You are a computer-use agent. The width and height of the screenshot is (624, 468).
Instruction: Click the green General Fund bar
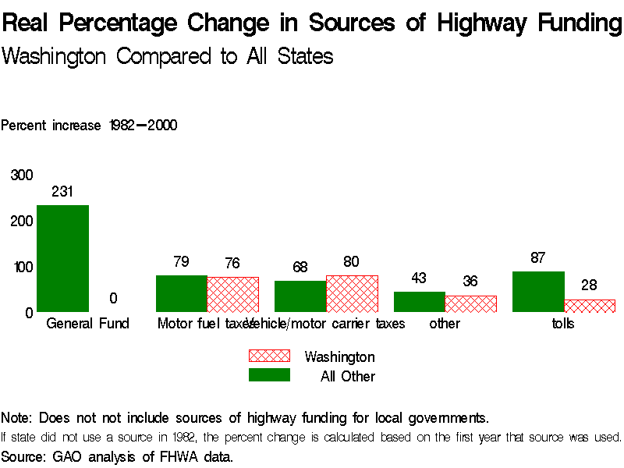[62, 258]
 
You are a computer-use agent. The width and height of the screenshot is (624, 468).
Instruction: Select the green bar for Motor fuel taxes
[181, 293]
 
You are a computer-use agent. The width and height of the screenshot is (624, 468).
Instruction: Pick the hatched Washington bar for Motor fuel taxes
[232, 294]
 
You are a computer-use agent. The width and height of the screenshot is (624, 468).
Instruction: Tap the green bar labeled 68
[300, 296]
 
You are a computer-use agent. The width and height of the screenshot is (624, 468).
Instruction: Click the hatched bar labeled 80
[352, 293]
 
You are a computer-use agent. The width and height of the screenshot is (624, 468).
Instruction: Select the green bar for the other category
[419, 302]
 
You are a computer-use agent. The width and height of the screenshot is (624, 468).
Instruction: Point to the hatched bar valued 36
[470, 303]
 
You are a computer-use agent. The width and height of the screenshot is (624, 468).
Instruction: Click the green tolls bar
[538, 292]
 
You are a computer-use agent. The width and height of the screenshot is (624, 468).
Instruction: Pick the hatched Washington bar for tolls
[590, 306]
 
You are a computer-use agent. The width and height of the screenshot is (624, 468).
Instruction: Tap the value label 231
[62, 191]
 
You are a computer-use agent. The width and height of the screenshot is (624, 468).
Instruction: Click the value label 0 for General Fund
[113, 298]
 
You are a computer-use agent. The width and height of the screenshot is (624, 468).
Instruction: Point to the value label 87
[537, 257]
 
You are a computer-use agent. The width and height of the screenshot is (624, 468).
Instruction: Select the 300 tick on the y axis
[21, 175]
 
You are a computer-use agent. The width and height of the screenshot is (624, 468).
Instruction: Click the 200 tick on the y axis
[21, 221]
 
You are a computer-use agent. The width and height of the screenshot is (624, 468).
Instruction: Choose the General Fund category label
[87, 323]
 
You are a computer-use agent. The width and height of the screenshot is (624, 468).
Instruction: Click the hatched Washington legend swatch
[269, 356]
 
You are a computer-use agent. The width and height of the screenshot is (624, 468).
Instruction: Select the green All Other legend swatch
[269, 375]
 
